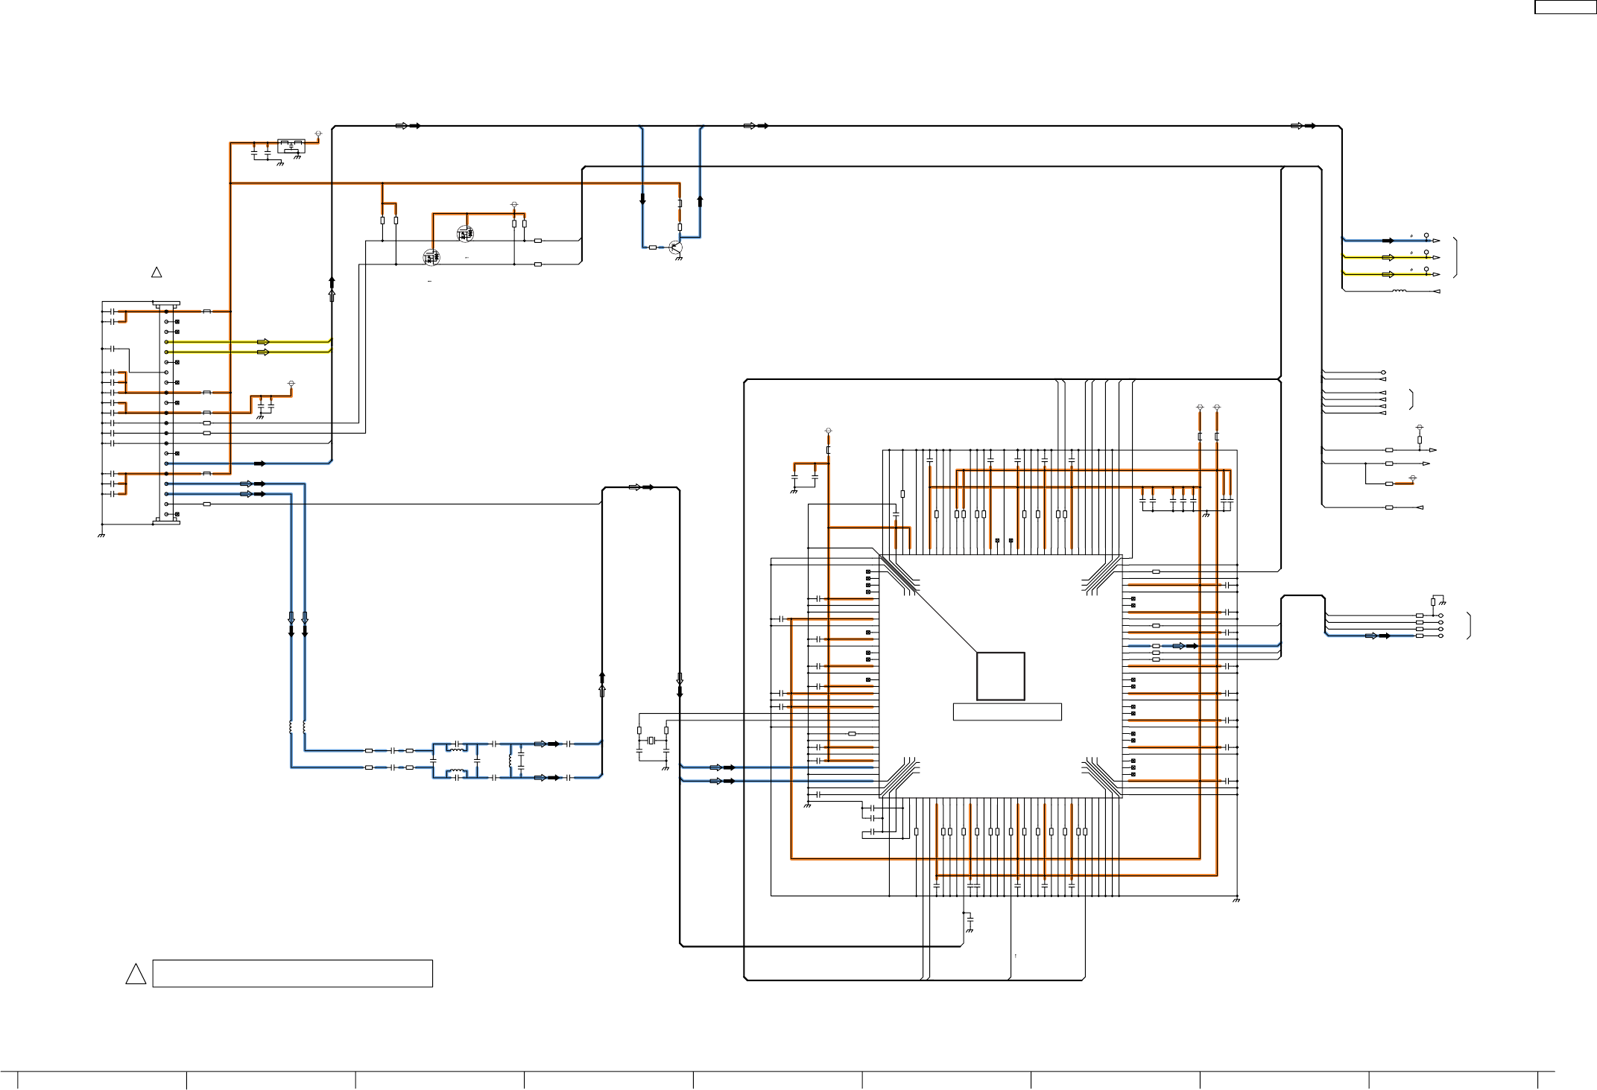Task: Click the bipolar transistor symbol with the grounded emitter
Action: [x=675, y=247]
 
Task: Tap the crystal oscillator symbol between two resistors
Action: [x=651, y=740]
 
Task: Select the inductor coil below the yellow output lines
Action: [x=1400, y=291]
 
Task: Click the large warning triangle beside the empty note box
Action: [x=136, y=974]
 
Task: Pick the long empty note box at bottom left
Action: [x=292, y=974]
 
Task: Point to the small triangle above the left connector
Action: [x=156, y=273]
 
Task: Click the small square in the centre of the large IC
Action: [x=1000, y=677]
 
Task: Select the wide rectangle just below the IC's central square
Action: [x=1007, y=712]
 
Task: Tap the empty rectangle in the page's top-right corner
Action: [x=1563, y=7]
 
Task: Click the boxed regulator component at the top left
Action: [x=291, y=145]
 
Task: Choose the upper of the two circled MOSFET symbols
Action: [x=465, y=234]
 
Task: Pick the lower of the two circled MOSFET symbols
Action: [x=431, y=258]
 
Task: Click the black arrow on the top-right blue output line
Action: [x=1388, y=241]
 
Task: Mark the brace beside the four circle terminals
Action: [x=1469, y=626]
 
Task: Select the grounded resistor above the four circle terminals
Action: [x=1433, y=602]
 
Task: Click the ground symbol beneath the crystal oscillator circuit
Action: [x=665, y=767]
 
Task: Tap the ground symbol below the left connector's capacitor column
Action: [x=101, y=534]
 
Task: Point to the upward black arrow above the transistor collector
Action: [x=700, y=201]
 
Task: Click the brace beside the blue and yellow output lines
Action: [x=1455, y=258]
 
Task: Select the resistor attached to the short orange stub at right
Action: [x=1389, y=484]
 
